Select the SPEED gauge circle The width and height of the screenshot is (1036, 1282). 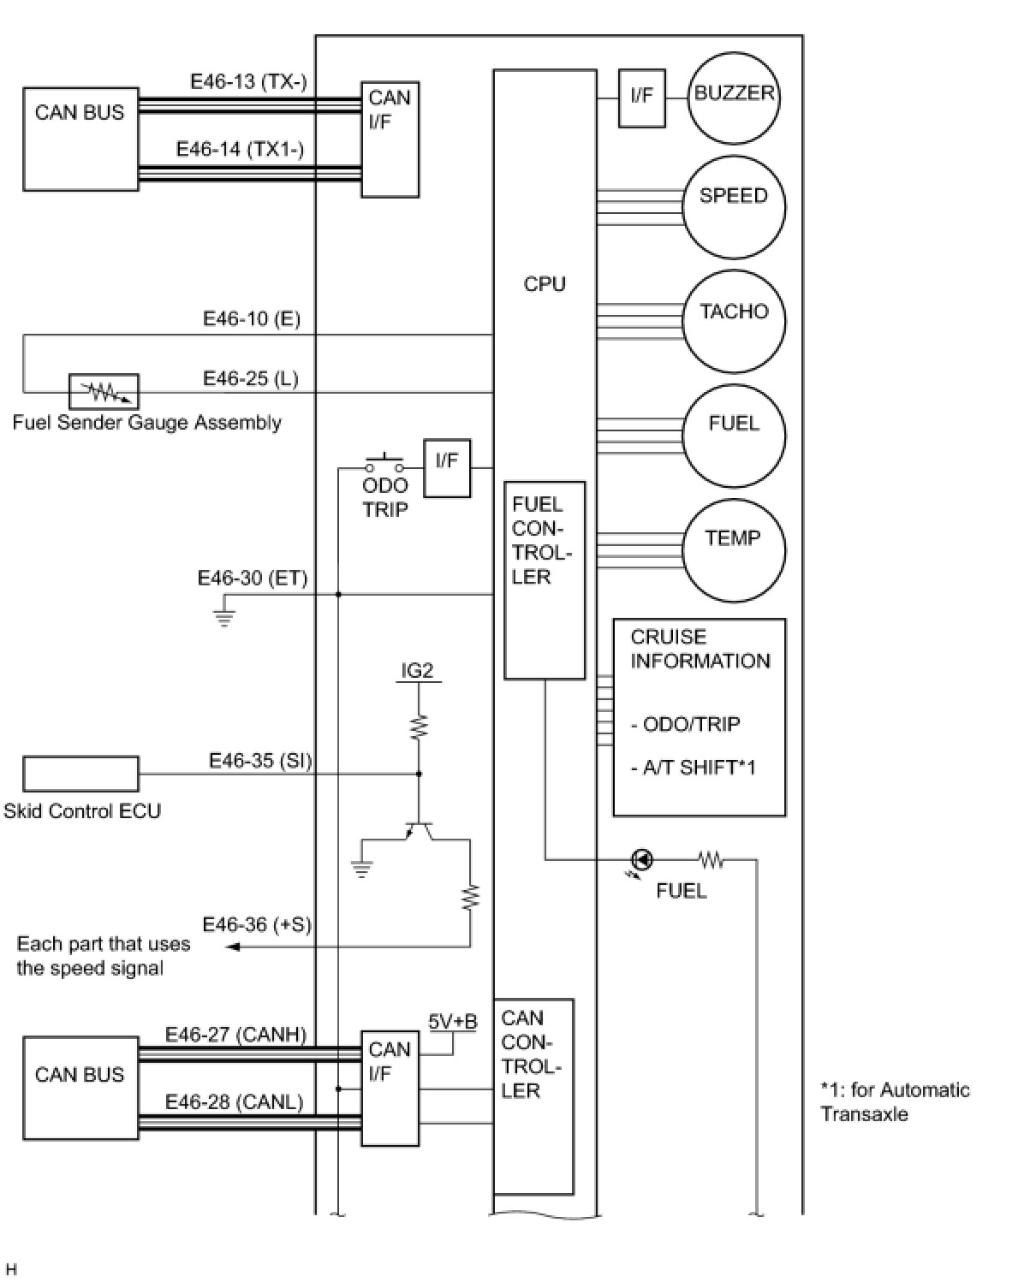point(733,207)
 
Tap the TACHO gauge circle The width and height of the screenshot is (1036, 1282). point(733,322)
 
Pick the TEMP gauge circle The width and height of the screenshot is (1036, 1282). point(733,550)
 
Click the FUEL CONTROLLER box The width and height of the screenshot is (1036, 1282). point(545,579)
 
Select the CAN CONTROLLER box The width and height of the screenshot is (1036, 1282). point(533,1095)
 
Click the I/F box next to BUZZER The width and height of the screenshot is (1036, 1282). point(641,98)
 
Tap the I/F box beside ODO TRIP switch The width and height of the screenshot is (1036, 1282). point(447,467)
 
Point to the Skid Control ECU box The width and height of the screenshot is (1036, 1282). point(80,774)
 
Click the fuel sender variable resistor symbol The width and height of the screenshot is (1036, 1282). point(104,392)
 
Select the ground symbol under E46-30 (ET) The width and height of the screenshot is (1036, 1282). point(224,616)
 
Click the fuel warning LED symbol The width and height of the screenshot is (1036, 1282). point(640,859)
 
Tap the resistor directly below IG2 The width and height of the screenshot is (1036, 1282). point(419,727)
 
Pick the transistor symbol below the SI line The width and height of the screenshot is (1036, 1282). point(419,830)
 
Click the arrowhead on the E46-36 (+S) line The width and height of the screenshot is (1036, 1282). point(232,947)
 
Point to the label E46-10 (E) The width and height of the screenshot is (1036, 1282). point(252,319)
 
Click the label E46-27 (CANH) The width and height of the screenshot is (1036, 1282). point(235,1035)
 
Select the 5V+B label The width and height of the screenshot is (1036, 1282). point(453,1021)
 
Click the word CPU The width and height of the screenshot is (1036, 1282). point(545,284)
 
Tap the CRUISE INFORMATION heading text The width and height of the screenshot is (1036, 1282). point(700,649)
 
